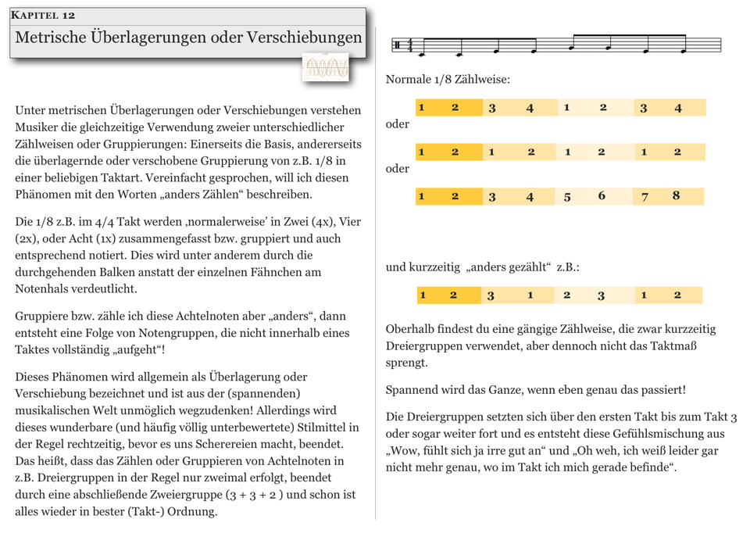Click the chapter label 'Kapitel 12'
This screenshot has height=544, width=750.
(43, 16)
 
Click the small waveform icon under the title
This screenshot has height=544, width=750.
(327, 68)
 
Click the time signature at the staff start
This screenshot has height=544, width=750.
(410, 46)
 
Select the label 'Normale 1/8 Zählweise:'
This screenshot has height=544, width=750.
(448, 80)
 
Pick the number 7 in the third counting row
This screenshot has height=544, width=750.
(645, 197)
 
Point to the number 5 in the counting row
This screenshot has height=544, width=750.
(567, 197)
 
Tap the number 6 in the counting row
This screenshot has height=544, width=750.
(602, 196)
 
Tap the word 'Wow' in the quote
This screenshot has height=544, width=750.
(405, 451)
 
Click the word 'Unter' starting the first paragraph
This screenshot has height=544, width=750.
(31, 110)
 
